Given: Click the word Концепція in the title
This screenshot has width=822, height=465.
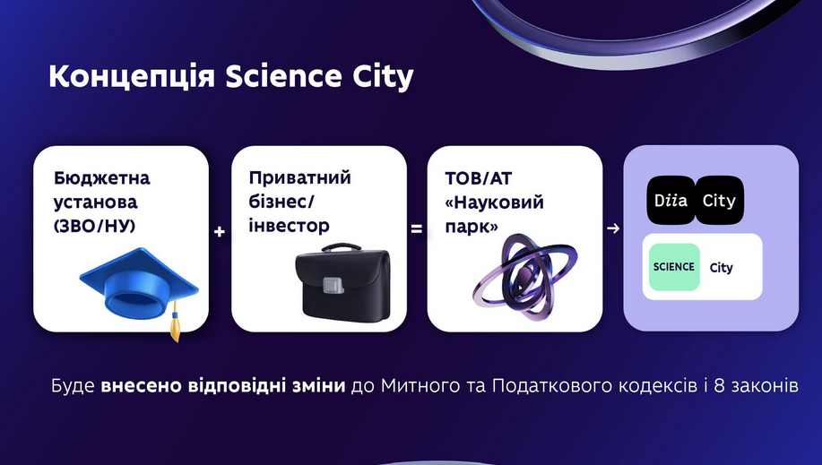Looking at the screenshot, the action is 132,76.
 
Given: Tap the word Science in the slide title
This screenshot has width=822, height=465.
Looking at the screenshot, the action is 283,76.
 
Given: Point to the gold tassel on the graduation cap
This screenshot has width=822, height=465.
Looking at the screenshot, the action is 175,322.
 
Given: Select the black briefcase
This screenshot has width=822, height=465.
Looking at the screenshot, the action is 342,283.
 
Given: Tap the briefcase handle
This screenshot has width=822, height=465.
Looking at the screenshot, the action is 342,247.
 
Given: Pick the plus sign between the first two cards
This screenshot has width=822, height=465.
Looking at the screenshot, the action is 220,231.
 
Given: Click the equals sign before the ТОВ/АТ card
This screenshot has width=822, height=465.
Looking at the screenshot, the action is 416,229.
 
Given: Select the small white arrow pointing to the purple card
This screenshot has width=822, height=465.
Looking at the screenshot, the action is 613,228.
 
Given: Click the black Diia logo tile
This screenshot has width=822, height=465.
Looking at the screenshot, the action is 671,201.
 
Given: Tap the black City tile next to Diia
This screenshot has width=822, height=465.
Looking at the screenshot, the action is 719,201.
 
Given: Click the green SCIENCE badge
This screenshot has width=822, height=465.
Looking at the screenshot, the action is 674,267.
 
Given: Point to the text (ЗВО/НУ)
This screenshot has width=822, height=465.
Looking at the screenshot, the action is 95,226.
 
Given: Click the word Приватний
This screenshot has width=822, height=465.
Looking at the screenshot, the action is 300,177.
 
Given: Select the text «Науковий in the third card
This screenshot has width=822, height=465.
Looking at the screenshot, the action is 494,202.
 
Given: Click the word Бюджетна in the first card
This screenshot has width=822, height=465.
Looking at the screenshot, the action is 101,178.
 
